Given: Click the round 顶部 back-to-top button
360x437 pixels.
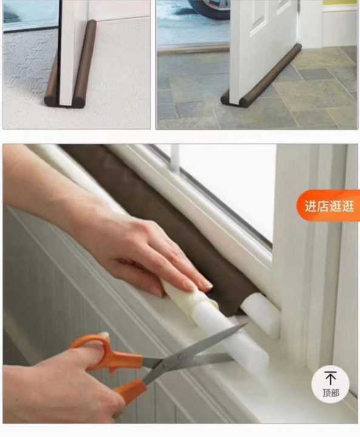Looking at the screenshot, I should [330, 384].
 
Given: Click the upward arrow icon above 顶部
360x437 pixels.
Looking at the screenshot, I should [330, 378].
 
